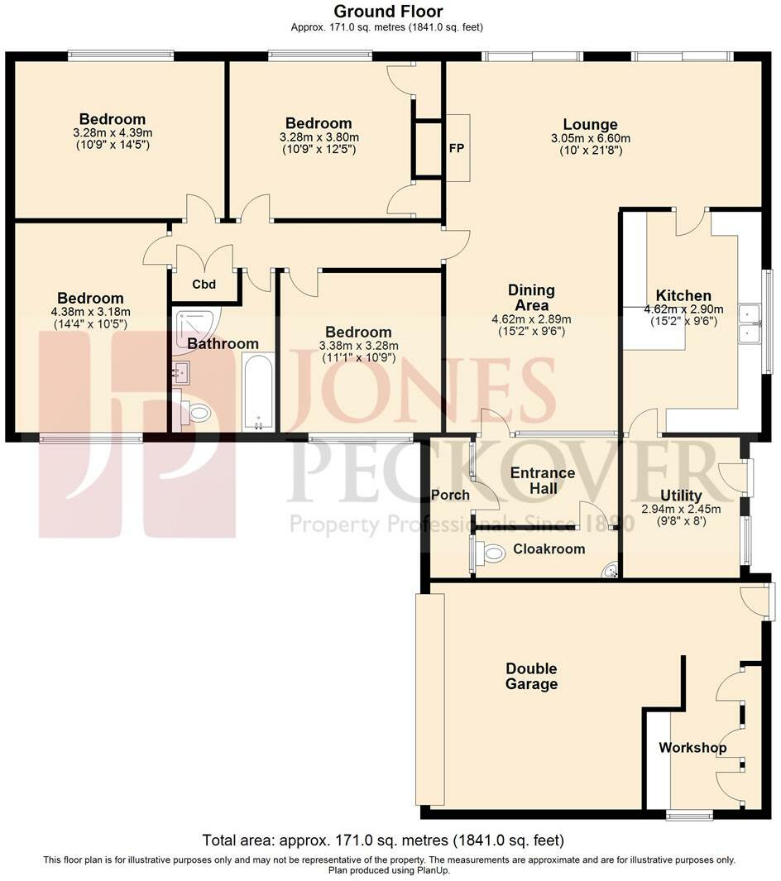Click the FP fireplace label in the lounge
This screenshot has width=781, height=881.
(456, 150)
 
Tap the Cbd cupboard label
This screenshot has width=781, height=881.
(204, 285)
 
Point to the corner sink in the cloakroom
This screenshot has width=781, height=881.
(611, 569)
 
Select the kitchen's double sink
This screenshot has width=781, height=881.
(750, 323)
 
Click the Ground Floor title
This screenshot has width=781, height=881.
(387, 12)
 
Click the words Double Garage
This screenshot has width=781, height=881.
(531, 676)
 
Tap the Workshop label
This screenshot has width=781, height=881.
(692, 748)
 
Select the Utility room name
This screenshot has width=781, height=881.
(681, 496)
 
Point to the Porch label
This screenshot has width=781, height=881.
(451, 496)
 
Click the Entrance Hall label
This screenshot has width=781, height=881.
(542, 481)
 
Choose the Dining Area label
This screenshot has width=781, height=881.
(531, 298)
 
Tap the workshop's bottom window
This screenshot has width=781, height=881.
(689, 816)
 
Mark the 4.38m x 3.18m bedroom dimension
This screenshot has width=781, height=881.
(90, 312)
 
